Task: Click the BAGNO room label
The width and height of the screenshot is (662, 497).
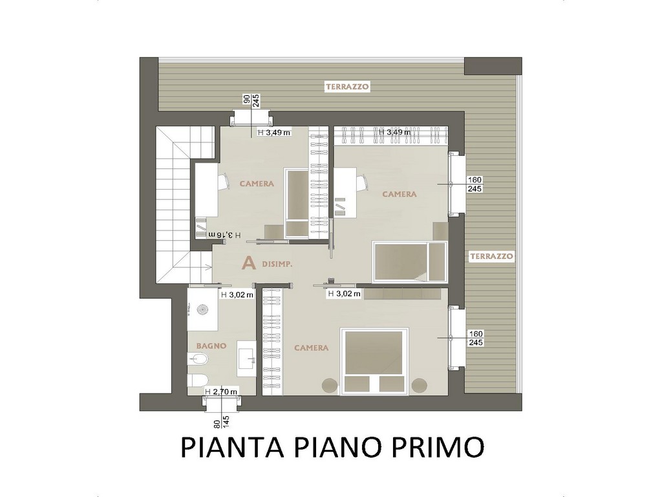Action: pyautogui.click(x=211, y=346)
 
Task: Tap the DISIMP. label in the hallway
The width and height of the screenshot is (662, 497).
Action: pyautogui.click(x=277, y=264)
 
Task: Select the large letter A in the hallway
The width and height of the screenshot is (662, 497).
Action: pyautogui.click(x=249, y=263)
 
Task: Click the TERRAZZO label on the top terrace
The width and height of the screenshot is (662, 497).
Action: pyautogui.click(x=347, y=87)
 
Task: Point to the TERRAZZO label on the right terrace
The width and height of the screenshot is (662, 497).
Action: pyautogui.click(x=491, y=256)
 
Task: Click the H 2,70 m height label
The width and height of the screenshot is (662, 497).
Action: pyautogui.click(x=221, y=392)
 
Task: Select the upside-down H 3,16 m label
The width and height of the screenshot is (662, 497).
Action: pyautogui.click(x=220, y=234)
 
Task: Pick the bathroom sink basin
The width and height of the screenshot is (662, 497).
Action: pyautogui.click(x=248, y=359)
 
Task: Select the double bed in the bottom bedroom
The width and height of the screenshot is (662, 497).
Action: pyautogui.click(x=375, y=361)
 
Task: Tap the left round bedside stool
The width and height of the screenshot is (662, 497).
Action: pyautogui.click(x=330, y=386)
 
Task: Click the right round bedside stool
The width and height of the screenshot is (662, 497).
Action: pyautogui.click(x=420, y=386)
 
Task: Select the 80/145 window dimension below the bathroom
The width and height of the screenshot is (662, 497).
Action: pyautogui.click(x=222, y=421)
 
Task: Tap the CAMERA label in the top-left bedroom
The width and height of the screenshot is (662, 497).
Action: pyautogui.click(x=257, y=184)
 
